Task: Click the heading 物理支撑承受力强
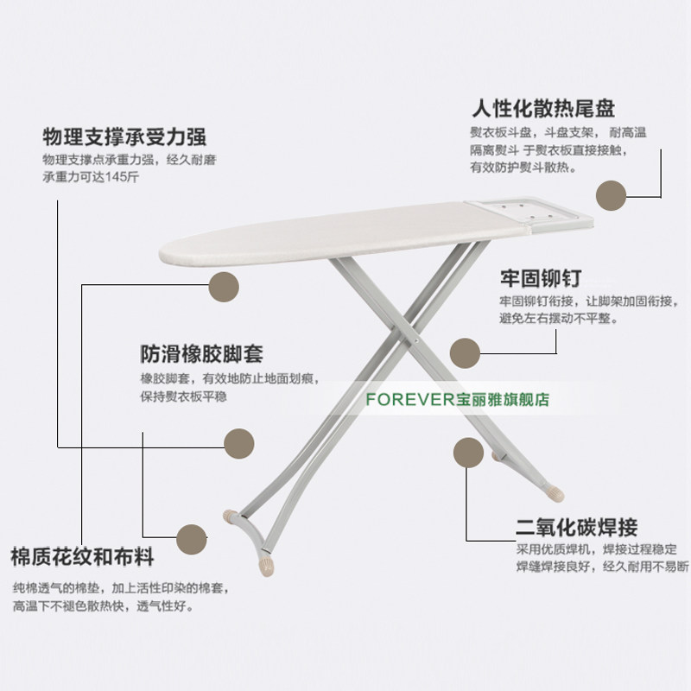[124, 138]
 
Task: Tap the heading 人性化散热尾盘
[542, 110]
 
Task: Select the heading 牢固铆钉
[540, 279]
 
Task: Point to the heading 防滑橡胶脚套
[201, 355]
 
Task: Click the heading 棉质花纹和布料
[83, 555]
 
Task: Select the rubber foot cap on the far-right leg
[553, 495]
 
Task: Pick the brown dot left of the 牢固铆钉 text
[466, 352]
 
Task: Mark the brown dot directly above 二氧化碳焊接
[467, 453]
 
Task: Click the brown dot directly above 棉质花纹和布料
[191, 539]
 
